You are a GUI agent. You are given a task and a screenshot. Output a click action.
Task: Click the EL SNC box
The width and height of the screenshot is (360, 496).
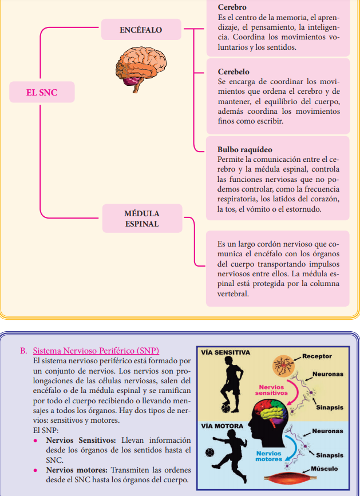point(41,92)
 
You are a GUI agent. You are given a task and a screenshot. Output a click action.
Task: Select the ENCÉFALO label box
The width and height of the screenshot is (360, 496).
point(141,29)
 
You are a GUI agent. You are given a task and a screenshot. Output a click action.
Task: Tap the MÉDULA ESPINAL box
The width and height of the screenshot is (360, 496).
point(141,219)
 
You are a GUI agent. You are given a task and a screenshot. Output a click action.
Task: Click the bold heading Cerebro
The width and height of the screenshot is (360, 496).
point(232,7)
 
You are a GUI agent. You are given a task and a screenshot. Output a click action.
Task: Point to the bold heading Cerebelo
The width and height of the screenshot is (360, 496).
point(234,72)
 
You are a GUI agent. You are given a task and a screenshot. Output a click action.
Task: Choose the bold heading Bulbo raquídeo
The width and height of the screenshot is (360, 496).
point(244,149)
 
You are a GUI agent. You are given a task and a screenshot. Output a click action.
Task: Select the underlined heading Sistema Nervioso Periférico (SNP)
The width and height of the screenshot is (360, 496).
point(96,350)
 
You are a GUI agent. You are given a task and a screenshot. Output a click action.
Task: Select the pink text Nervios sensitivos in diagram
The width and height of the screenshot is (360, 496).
point(272,391)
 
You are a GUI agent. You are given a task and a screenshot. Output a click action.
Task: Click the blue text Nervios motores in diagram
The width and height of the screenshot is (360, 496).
point(269,455)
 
